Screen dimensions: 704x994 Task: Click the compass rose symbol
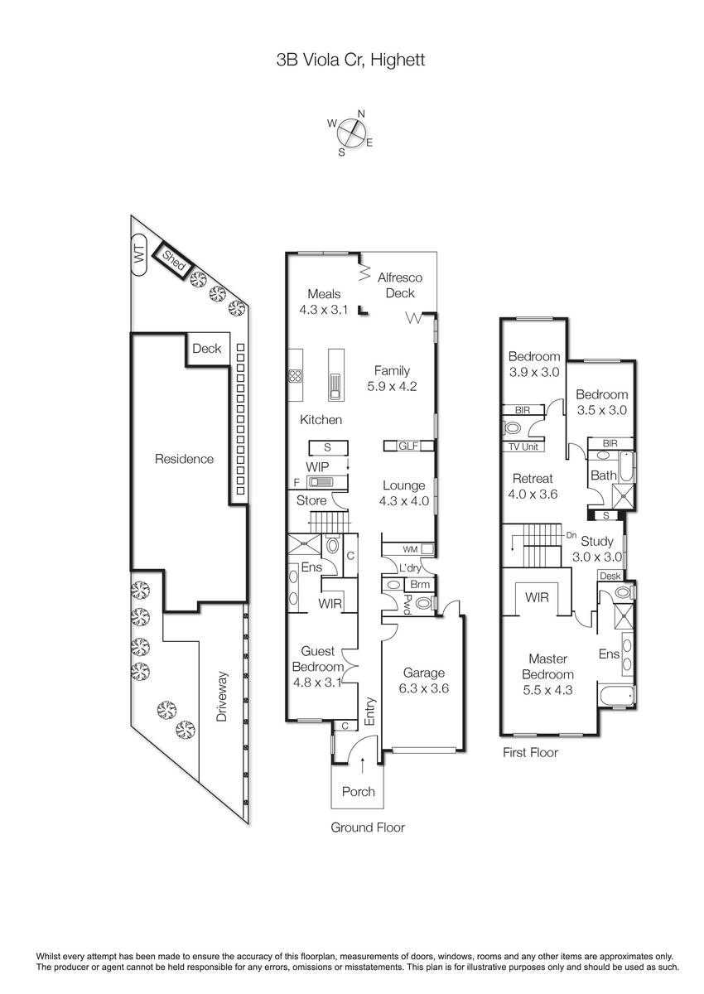tap(352, 133)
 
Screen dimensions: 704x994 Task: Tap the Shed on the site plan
tap(173, 262)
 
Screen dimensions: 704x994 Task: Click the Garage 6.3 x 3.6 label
tap(424, 681)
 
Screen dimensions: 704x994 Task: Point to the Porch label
tap(358, 792)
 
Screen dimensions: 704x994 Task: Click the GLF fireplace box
tap(408, 446)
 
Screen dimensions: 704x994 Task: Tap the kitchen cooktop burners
tap(296, 376)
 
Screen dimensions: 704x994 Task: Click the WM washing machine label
tap(410, 549)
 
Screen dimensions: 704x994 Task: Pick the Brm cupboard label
tap(420, 585)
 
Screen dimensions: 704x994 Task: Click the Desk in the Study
tap(610, 576)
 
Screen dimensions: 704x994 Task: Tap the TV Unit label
tap(523, 446)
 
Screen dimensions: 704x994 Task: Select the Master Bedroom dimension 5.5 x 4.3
tap(547, 691)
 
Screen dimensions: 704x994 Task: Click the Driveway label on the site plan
tap(222, 697)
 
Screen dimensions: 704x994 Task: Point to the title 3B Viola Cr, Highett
tap(351, 60)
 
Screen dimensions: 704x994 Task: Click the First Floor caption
tap(530, 753)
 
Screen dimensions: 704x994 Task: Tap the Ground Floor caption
tap(368, 828)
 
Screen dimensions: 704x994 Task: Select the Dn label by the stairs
tap(571, 536)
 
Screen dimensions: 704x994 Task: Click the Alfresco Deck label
tap(400, 285)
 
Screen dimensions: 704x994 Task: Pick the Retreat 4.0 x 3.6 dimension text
tap(533, 494)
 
